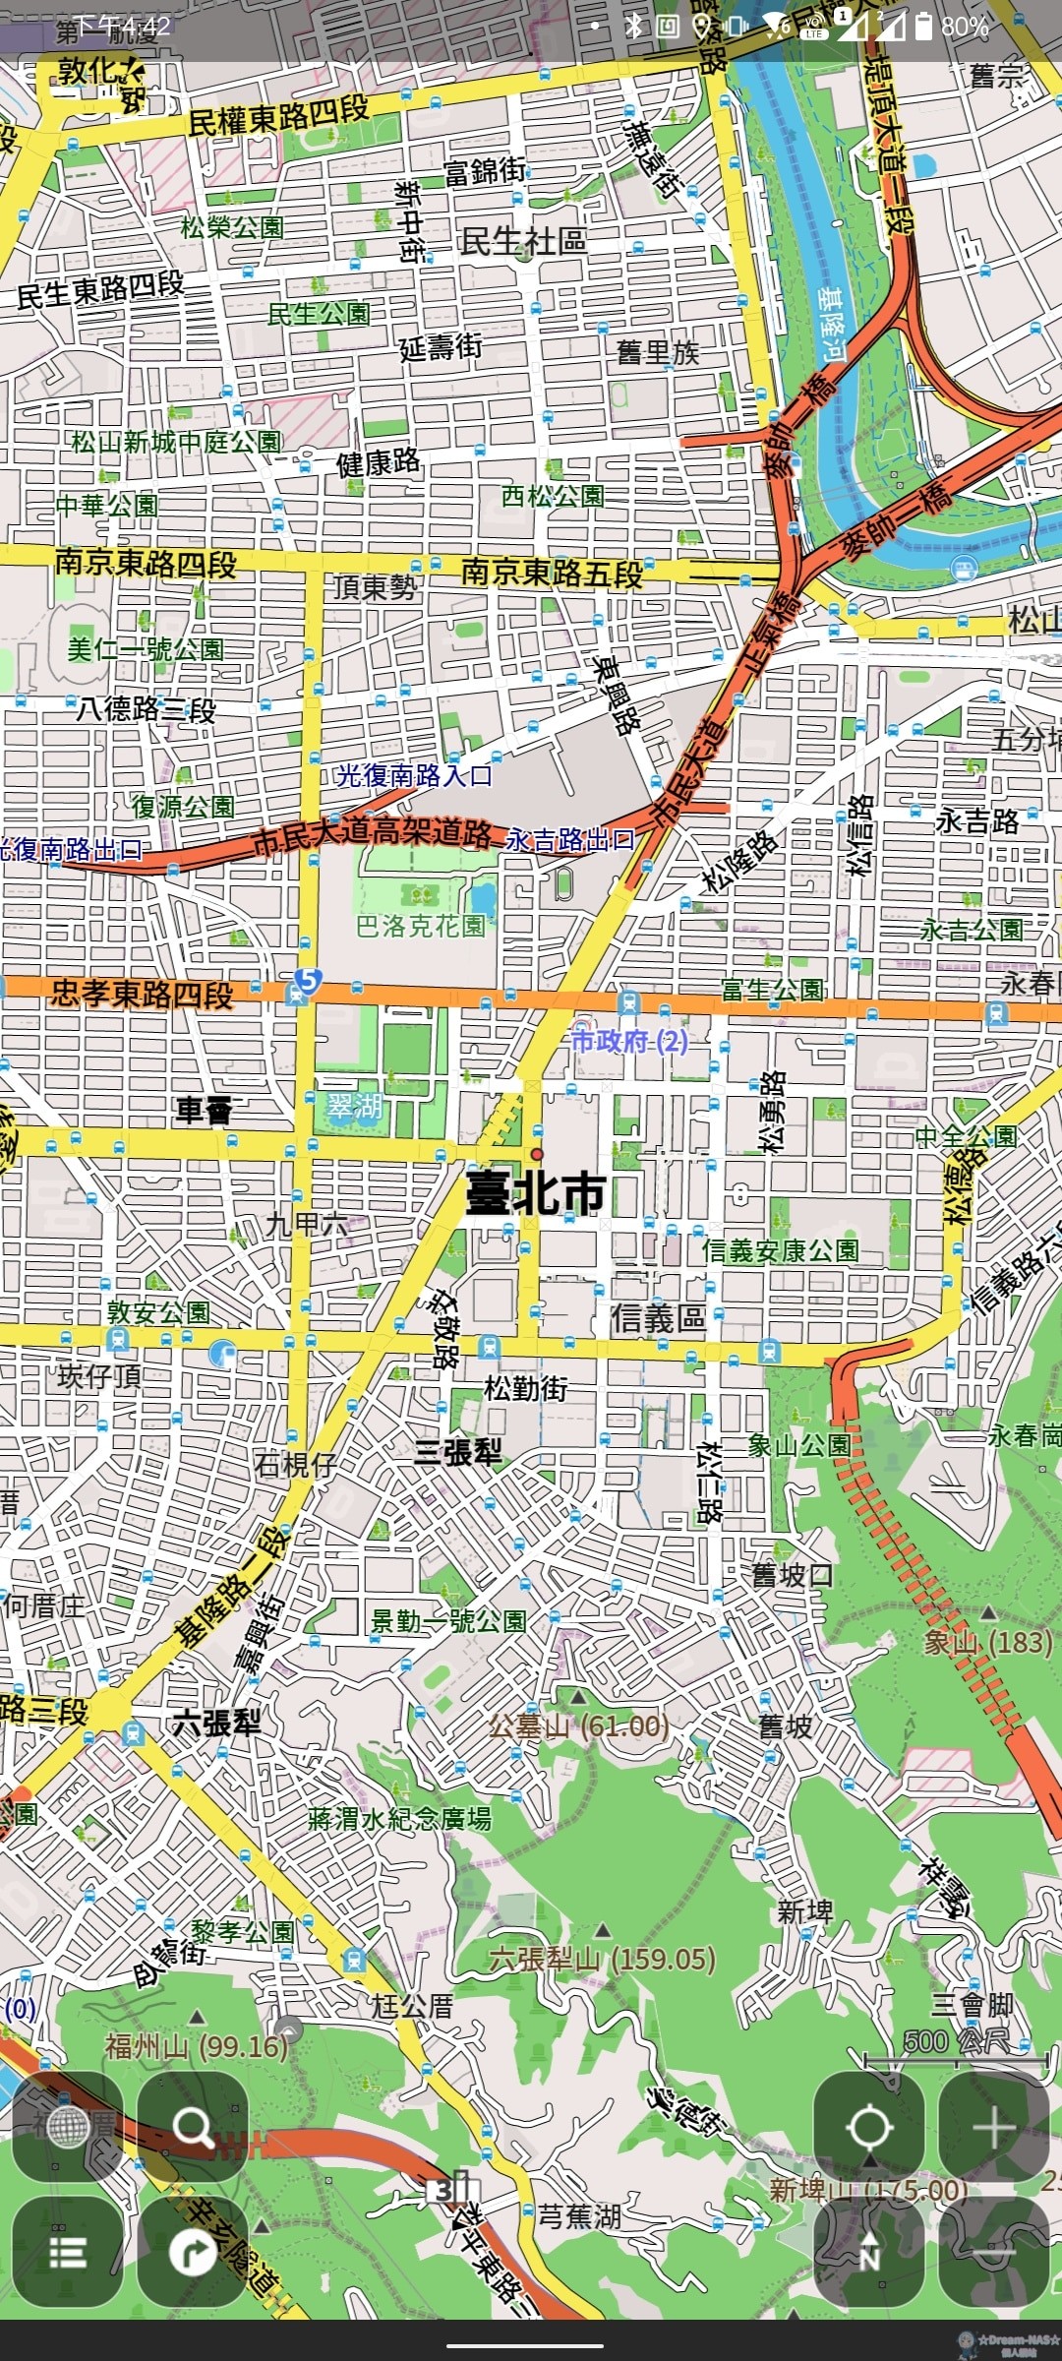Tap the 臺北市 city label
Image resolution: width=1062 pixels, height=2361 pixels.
click(x=536, y=1193)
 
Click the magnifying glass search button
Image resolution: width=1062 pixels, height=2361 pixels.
click(x=193, y=2127)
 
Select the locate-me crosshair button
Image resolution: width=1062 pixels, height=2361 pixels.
click(x=869, y=2127)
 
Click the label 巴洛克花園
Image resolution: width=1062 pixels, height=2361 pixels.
click(x=421, y=926)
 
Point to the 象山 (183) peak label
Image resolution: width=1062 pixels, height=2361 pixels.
click(x=987, y=1641)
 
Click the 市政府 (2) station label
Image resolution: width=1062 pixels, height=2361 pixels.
click(x=629, y=1040)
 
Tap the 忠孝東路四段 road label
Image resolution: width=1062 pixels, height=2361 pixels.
click(x=143, y=994)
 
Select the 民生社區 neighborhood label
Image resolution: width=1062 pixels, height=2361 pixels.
click(x=523, y=241)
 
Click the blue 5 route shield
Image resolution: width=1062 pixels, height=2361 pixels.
click(x=307, y=980)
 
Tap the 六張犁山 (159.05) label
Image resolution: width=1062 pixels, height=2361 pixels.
click(x=603, y=1959)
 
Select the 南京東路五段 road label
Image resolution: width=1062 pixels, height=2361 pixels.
click(x=552, y=573)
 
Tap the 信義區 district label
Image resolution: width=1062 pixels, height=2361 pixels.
click(x=657, y=1318)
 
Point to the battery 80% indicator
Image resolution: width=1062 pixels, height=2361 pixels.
click(x=952, y=27)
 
